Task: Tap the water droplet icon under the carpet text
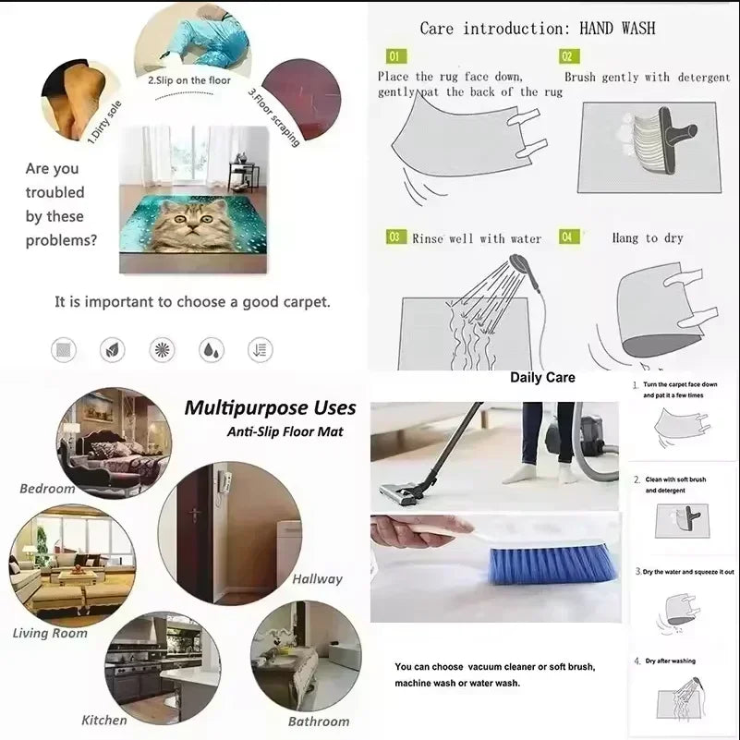tap(211, 349)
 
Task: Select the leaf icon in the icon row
tap(113, 349)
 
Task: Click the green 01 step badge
tap(395, 56)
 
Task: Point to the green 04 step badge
tap(569, 237)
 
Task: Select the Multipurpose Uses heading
tap(270, 407)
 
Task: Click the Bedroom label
tap(47, 488)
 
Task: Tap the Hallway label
tap(317, 579)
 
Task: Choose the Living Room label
tap(50, 633)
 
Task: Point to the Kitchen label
tap(104, 720)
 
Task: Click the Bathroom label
tap(319, 722)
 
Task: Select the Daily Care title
tap(542, 377)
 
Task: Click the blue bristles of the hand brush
tap(552, 564)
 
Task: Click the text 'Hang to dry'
tap(647, 238)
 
